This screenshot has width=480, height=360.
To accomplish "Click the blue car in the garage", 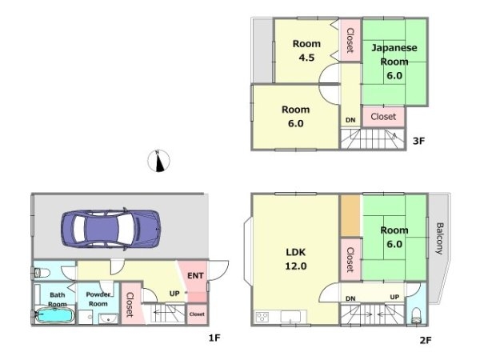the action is (x=111, y=228).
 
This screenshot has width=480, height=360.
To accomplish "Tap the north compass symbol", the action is (x=158, y=161).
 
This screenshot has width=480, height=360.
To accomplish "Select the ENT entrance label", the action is (x=195, y=276).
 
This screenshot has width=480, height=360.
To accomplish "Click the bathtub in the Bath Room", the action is (x=54, y=315).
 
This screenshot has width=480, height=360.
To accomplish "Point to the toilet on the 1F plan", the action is (x=42, y=273).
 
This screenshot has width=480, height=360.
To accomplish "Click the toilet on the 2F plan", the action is (x=417, y=316).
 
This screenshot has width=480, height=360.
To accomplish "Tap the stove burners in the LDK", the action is (x=262, y=317).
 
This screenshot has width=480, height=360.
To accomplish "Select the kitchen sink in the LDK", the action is (x=291, y=317).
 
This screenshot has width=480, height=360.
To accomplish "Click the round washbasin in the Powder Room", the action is (x=108, y=319).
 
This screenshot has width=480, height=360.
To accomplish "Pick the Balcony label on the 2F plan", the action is (x=439, y=238).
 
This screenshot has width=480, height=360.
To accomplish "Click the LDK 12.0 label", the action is (x=296, y=259).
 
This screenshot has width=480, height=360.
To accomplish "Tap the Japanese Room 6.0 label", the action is (x=394, y=62).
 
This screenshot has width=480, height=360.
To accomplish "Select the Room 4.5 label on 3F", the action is (x=306, y=50).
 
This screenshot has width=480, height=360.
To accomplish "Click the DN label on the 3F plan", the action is (x=350, y=120).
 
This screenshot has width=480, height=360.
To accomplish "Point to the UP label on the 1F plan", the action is (x=174, y=294).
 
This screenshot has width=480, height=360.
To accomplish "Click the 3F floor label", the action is (x=418, y=141).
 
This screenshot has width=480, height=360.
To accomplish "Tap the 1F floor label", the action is (x=214, y=338).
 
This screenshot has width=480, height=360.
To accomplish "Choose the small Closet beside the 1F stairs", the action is (x=197, y=314).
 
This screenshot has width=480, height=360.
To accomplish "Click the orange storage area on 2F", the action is (x=350, y=216).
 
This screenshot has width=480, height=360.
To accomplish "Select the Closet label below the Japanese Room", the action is (x=383, y=117).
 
